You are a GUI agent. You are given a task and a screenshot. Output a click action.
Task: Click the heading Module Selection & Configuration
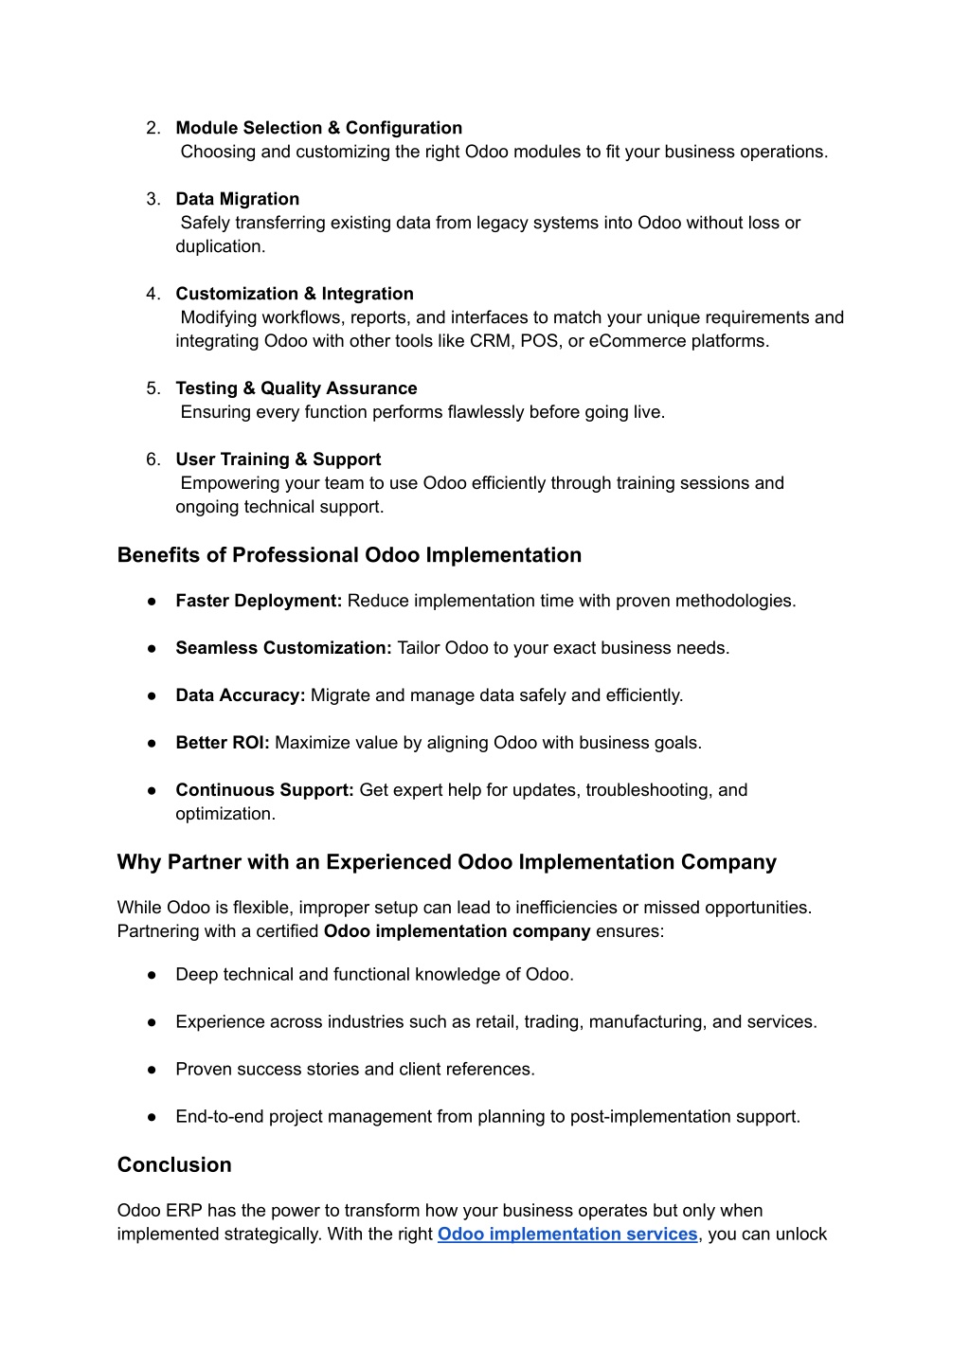pyautogui.click(x=318, y=128)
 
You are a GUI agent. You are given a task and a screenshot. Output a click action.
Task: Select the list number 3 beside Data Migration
pyautogui.click(x=153, y=199)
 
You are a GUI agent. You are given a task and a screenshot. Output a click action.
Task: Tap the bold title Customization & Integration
pyautogui.click(x=294, y=294)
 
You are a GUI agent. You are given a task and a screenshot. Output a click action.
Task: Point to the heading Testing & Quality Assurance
pyautogui.click(x=296, y=388)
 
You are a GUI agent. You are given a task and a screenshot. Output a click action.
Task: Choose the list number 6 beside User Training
pyautogui.click(x=153, y=460)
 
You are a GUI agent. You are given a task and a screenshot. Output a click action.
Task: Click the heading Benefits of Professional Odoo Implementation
pyautogui.click(x=349, y=555)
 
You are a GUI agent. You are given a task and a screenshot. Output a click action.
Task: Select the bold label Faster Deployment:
pyautogui.click(x=258, y=601)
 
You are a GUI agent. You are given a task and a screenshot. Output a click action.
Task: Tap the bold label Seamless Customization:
pyautogui.click(x=282, y=648)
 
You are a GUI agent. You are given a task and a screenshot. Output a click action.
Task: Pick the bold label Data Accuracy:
pyautogui.click(x=240, y=695)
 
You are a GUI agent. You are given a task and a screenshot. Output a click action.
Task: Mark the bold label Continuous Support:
pyautogui.click(x=263, y=790)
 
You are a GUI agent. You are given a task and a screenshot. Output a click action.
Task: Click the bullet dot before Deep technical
pyautogui.click(x=152, y=975)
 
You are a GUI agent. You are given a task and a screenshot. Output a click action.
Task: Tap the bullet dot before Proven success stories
pyautogui.click(x=152, y=1070)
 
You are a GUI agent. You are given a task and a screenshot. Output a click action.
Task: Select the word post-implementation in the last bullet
pyautogui.click(x=648, y=1116)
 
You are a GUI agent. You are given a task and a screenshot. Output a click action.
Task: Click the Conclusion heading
pyautogui.click(x=174, y=1165)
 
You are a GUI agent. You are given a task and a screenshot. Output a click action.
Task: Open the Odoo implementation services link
pyautogui.click(x=566, y=1234)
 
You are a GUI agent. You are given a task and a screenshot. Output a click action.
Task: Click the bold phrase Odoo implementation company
pyautogui.click(x=457, y=931)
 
